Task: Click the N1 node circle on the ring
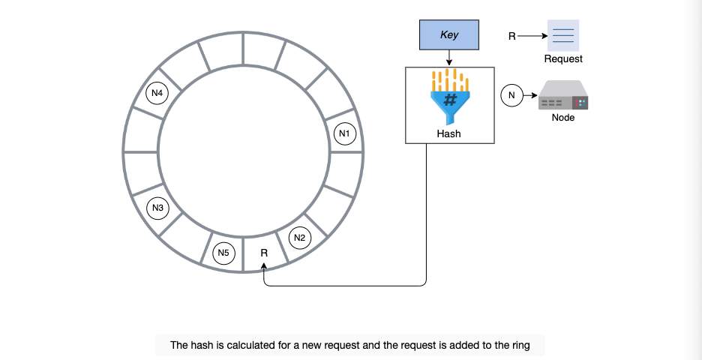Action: pos(345,133)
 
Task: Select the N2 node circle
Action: pos(299,238)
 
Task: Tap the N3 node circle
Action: pos(157,208)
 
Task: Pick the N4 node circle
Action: pos(157,93)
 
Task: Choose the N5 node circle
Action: pos(223,253)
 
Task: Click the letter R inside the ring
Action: pos(264,253)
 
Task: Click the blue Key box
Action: pos(449,34)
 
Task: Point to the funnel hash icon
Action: pos(450,97)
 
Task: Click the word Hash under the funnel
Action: pos(448,133)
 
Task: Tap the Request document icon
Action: pos(563,35)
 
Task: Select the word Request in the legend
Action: pos(563,58)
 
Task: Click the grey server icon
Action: pos(563,95)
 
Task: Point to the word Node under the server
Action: pos(563,118)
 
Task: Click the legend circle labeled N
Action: pos(511,95)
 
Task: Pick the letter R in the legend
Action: pos(512,36)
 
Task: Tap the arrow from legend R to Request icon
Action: pos(532,36)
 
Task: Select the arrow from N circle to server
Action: pos(530,95)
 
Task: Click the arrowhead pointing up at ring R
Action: pos(264,266)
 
